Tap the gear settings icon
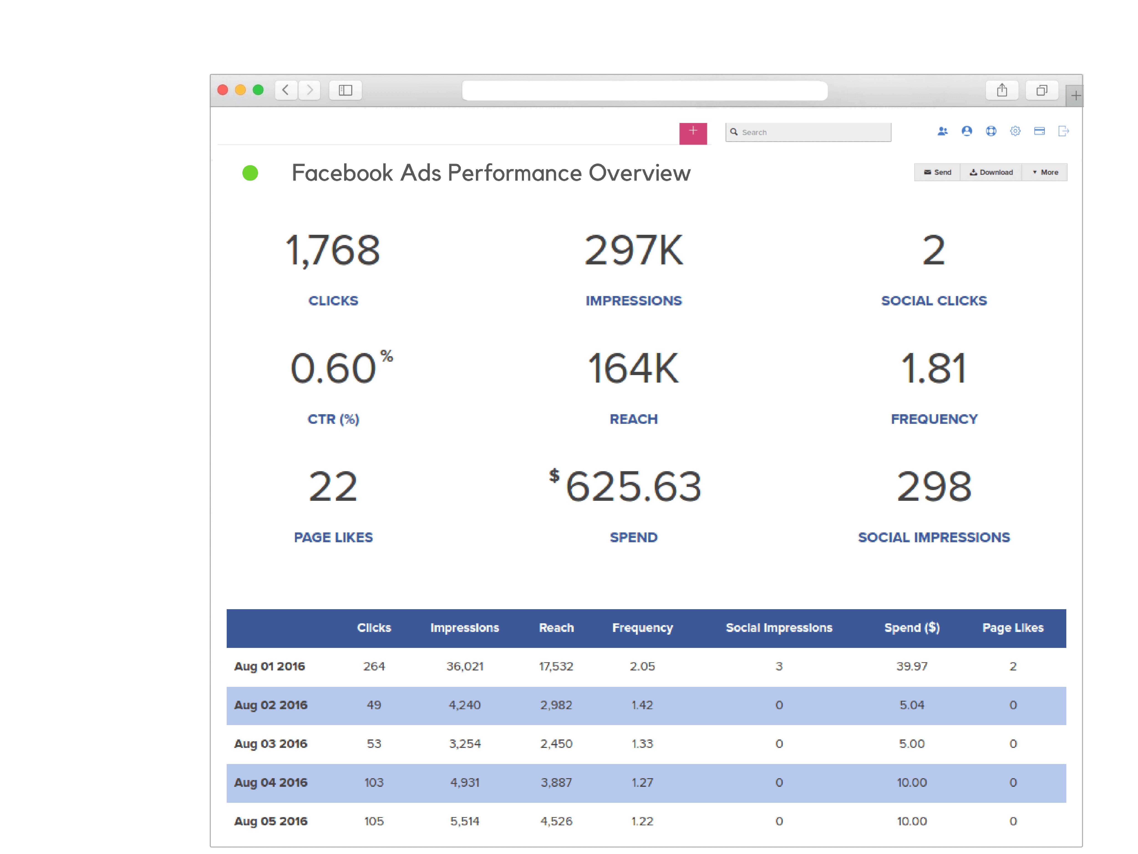pyautogui.click(x=1015, y=131)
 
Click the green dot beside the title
pyautogui.click(x=250, y=173)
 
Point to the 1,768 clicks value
pyautogui.click(x=333, y=251)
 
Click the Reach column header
pyautogui.click(x=556, y=628)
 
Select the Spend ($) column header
pyautogui.click(x=912, y=628)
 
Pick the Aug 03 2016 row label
pyautogui.click(x=271, y=744)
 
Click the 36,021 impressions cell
pyautogui.click(x=465, y=667)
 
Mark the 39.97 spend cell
pyautogui.click(x=912, y=667)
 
